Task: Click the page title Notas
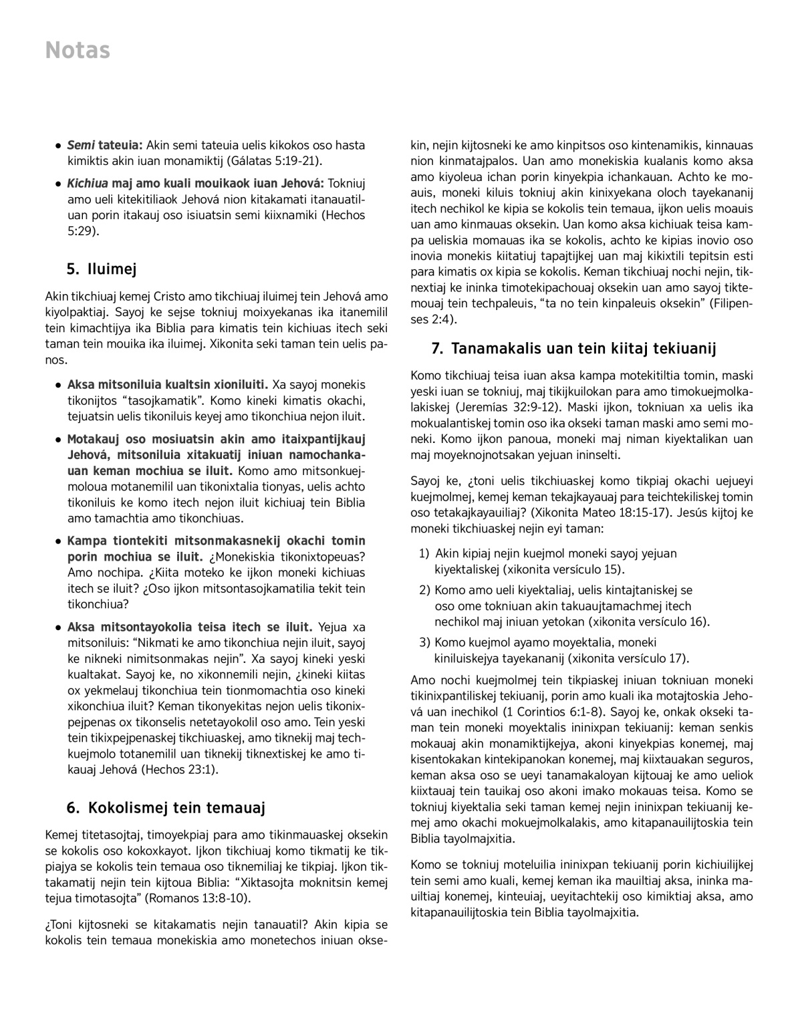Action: tap(78, 51)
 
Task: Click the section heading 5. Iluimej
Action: tap(102, 269)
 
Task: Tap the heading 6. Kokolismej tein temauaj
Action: tap(166, 808)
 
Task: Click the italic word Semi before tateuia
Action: tap(81, 145)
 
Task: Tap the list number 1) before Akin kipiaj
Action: tap(424, 553)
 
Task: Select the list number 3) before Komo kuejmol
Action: tap(424, 642)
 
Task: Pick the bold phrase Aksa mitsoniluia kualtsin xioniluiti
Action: tap(167, 385)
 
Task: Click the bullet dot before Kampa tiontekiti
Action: tap(59, 541)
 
